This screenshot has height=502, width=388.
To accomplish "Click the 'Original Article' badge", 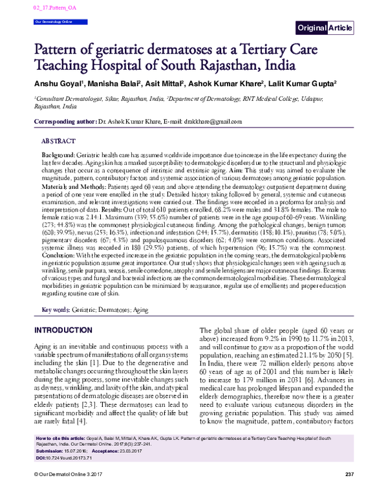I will [x=325, y=27].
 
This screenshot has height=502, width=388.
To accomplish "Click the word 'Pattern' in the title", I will [x=59, y=49].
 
